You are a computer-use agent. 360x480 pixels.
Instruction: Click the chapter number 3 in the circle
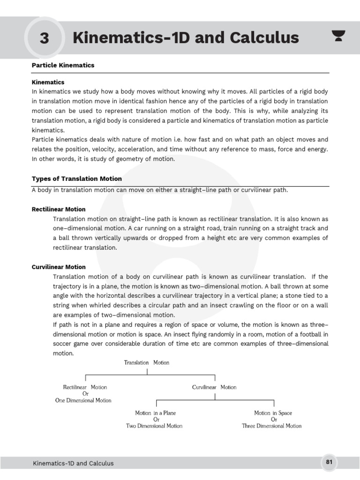44,38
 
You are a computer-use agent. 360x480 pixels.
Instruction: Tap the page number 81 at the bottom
329,462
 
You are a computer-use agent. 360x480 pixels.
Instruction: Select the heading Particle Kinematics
63,65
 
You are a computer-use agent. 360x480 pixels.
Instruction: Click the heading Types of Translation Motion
76,179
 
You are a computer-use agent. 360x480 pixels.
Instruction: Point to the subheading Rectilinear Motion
59,209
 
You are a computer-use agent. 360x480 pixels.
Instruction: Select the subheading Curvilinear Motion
59,267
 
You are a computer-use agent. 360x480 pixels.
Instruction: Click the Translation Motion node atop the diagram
147,362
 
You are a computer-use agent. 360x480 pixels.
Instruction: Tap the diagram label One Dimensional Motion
83,400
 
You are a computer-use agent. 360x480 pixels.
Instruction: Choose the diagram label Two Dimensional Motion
154,426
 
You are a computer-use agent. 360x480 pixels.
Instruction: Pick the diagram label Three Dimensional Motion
272,426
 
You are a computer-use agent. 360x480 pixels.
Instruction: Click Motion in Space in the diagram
273,413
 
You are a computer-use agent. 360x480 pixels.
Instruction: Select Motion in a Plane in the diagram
156,413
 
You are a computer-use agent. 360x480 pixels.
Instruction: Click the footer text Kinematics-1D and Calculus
73,463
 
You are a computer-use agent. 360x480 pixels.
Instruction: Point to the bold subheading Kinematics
48,82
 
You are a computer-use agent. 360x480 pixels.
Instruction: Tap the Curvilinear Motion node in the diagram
214,387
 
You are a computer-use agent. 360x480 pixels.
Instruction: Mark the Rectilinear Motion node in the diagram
85,387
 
